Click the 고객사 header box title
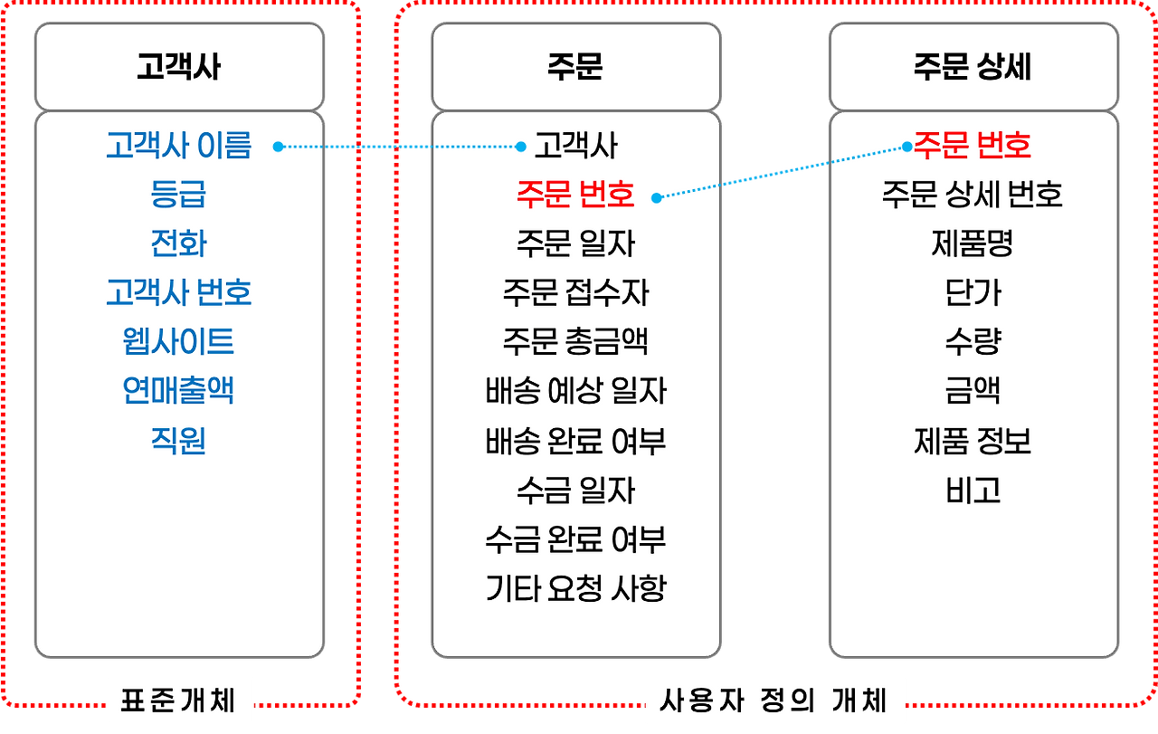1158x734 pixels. point(178,68)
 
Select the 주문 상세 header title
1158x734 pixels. point(973,68)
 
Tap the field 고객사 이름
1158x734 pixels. point(178,146)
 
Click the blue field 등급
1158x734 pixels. point(178,195)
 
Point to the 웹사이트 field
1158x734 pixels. point(178,341)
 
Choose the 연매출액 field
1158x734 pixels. point(178,391)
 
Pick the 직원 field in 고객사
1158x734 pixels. point(178,440)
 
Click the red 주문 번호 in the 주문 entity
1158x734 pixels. point(575,195)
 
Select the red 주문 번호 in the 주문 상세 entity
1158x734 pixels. point(973,145)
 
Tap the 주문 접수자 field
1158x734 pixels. point(575,292)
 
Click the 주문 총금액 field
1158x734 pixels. point(575,341)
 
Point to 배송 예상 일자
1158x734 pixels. point(575,391)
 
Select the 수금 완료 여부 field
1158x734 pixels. point(575,539)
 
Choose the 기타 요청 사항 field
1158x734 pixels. point(575,589)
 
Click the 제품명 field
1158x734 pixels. point(973,243)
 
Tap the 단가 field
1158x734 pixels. point(973,292)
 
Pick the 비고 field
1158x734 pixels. point(973,491)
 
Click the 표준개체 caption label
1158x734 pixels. point(178,701)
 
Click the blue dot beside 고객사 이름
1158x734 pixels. point(279,146)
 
